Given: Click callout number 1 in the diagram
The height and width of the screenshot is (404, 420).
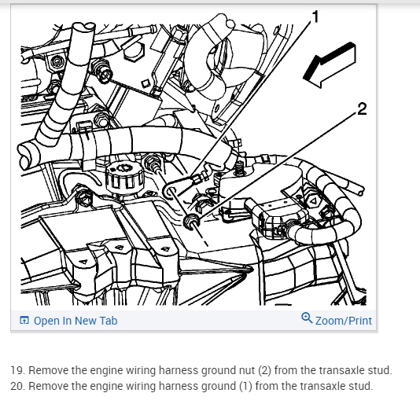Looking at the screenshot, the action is click(315, 17).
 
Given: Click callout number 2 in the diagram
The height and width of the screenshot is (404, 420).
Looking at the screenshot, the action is click(362, 109).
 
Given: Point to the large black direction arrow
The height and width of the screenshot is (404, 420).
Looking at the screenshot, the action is click(330, 65).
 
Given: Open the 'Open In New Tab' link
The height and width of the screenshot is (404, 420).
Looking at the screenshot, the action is click(76, 321).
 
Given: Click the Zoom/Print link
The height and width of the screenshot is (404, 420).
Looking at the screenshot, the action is click(344, 321).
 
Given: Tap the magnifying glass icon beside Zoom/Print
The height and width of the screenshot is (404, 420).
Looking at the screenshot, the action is click(307, 318).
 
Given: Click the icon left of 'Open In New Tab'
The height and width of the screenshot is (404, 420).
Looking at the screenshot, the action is click(24, 320).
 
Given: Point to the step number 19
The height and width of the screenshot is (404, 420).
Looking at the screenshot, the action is click(17, 370).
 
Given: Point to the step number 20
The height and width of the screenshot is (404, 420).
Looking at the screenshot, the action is click(17, 386).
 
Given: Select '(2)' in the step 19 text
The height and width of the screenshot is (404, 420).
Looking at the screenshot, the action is click(264, 370).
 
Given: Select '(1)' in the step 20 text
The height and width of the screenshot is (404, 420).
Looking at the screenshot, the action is click(245, 386).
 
